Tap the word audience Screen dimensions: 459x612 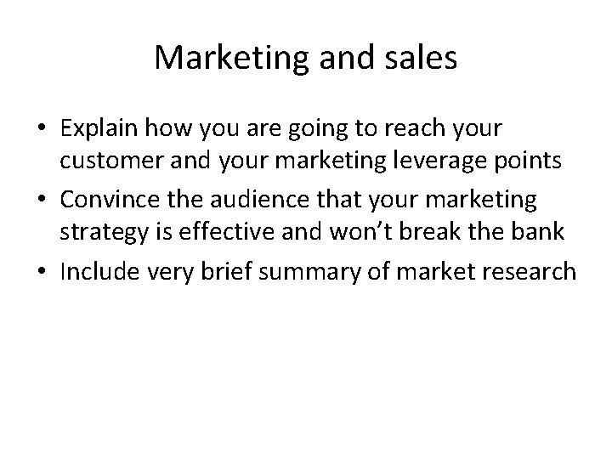click(285, 200)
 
